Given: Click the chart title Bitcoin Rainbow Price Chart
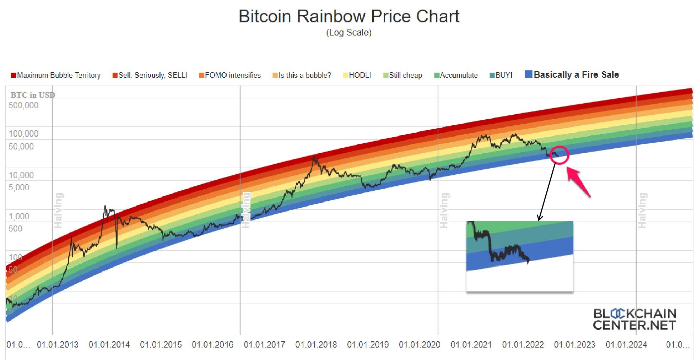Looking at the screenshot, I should (348, 16).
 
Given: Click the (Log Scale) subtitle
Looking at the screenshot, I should (348, 33).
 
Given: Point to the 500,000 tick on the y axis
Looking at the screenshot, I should (23, 105).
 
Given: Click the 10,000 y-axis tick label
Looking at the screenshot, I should (21, 175).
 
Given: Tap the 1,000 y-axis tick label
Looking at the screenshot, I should (19, 216).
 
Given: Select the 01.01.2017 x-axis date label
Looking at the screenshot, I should (264, 345).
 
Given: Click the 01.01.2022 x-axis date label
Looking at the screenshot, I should (523, 345).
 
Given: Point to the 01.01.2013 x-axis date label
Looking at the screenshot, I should (58, 345).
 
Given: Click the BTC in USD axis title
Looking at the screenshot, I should (33, 95).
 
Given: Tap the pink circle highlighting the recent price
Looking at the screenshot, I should (560, 155).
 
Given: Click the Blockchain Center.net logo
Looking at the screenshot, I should (634, 319).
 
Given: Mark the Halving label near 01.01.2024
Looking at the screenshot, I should (642, 211).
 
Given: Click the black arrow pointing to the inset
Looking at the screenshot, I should (547, 192).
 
